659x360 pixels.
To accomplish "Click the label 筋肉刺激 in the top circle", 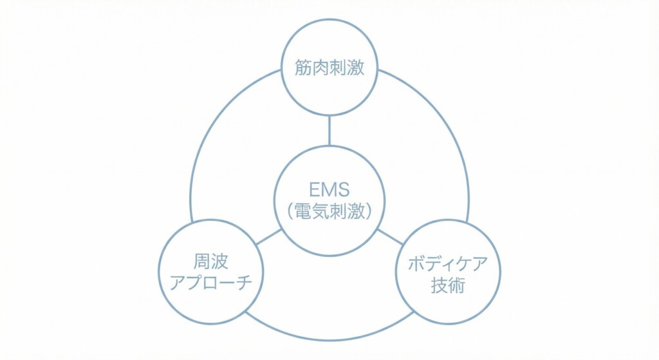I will (x=329, y=68).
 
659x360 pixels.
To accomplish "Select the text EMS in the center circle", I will (x=329, y=189).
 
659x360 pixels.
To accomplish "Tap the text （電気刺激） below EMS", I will (x=329, y=211).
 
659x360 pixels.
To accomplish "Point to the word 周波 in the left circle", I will (x=211, y=261).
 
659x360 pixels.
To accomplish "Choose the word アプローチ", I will (x=211, y=283).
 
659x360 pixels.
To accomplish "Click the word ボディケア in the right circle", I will (x=448, y=263).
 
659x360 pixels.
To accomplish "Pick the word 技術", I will (x=448, y=285).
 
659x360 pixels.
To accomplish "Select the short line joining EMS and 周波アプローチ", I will (x=268, y=237).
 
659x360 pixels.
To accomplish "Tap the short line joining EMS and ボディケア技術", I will (x=389, y=236).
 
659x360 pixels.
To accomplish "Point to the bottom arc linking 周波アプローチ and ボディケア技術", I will (x=329, y=339).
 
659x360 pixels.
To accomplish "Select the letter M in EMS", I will (x=328, y=189).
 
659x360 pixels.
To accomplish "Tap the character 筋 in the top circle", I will (x=304, y=68).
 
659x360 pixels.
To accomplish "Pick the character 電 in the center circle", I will (x=303, y=211).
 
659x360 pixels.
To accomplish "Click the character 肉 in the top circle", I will (x=321, y=68).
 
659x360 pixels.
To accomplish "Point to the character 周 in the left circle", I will (x=202, y=261).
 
